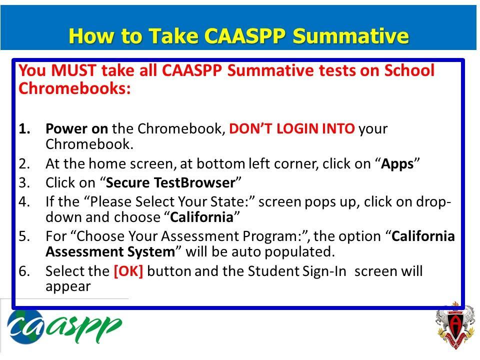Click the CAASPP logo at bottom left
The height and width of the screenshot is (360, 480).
coord(64,327)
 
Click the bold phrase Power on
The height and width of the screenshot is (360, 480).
coord(76,129)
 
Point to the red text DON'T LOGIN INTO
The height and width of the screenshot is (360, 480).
coord(292,129)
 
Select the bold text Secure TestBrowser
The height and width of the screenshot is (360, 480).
coord(170,183)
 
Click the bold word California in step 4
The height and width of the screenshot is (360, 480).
coord(201,217)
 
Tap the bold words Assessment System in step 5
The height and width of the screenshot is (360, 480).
coord(110,251)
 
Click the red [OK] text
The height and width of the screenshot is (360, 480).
coord(128,271)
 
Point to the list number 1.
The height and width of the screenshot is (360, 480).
coord(24,129)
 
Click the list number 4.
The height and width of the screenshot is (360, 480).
coord(24,202)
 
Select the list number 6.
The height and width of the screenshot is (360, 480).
coord(24,271)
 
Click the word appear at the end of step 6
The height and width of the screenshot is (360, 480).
coord(68,287)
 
